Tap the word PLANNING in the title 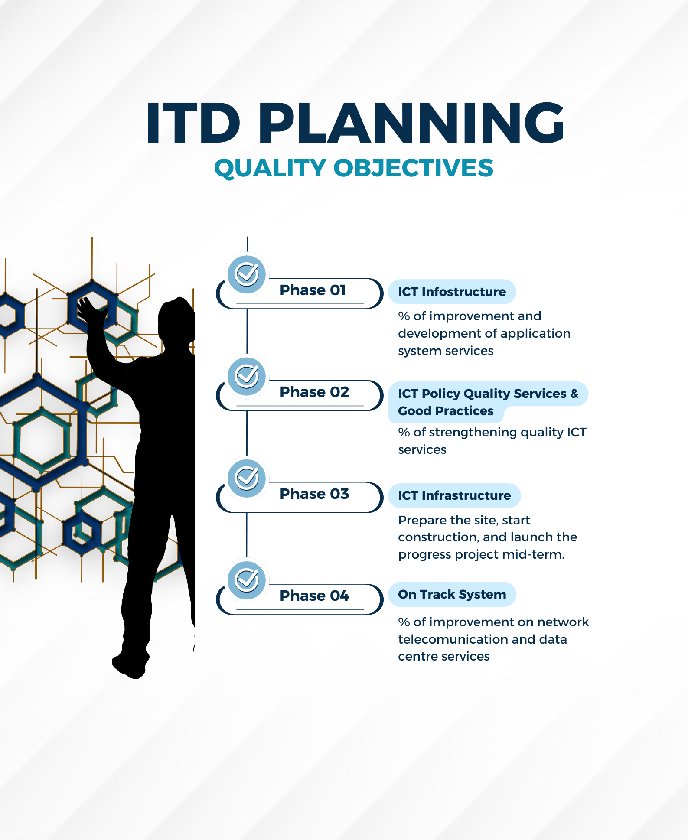(x=411, y=123)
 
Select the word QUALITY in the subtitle (x=270, y=168)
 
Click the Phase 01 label (x=313, y=290)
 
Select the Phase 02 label (x=314, y=392)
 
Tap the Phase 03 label (x=314, y=494)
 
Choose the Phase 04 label (x=314, y=596)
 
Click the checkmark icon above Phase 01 (x=247, y=274)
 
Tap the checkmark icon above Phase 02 (x=247, y=376)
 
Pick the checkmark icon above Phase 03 (x=247, y=478)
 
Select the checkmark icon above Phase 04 (x=247, y=580)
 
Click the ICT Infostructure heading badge (x=452, y=292)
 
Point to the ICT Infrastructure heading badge (x=454, y=495)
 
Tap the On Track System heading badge (x=452, y=594)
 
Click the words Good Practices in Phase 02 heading (x=446, y=411)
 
